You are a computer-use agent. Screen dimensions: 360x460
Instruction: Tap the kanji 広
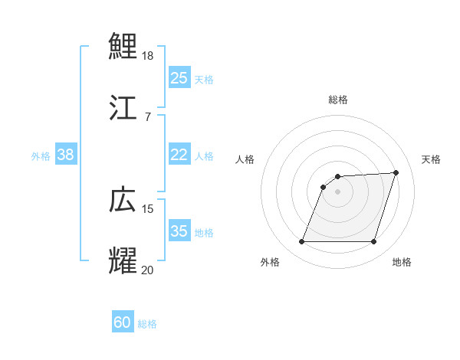(123, 199)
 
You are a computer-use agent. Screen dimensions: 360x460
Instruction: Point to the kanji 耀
(123, 260)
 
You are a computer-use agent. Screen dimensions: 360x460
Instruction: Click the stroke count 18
(149, 56)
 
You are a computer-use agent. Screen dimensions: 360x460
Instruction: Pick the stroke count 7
(147, 116)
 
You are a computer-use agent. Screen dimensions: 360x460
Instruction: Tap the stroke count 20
(149, 270)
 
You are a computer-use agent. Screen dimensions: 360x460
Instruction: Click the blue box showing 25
(179, 78)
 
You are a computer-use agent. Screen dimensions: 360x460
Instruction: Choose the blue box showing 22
(179, 155)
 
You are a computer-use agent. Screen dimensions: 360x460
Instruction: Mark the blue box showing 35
(179, 231)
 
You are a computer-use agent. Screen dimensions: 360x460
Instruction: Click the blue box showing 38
(65, 155)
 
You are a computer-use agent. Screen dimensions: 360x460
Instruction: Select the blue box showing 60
(122, 322)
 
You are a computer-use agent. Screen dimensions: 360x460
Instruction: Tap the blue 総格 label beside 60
(147, 324)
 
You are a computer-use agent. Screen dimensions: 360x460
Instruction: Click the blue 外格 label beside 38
(41, 156)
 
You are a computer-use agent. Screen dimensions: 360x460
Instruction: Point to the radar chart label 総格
(338, 100)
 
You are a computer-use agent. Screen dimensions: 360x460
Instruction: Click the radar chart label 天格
(431, 159)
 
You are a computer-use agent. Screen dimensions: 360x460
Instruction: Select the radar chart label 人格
(245, 159)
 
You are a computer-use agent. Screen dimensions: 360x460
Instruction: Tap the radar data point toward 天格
(396, 173)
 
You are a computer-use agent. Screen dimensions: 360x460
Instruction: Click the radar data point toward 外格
(301, 242)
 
